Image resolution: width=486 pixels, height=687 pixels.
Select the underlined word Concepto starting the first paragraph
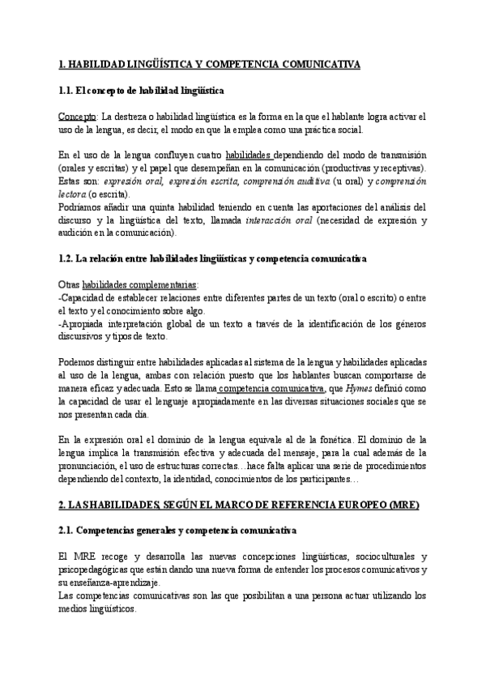[79, 116]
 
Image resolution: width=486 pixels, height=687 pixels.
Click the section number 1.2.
[67, 258]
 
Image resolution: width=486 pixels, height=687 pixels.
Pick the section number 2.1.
[67, 530]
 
